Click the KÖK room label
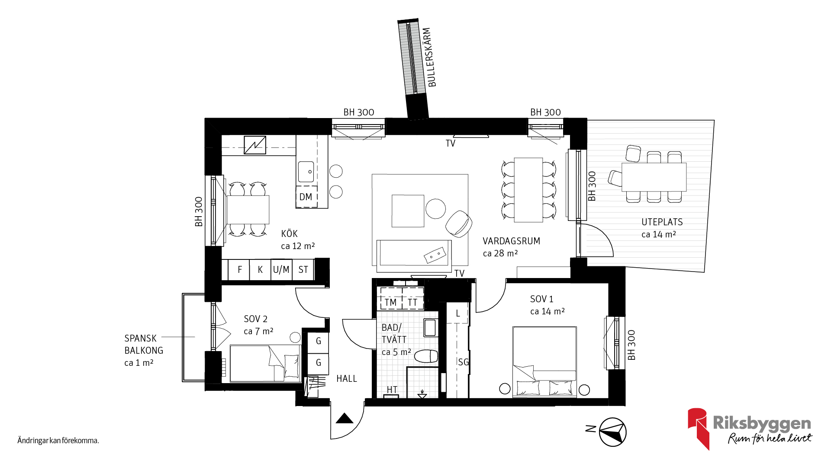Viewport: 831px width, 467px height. pos(289,234)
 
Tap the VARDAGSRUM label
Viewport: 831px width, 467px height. pos(511,241)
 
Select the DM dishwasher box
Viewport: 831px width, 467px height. pos(306,197)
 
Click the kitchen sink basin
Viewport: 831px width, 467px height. pos(306,172)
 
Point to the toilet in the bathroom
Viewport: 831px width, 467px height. pos(426,356)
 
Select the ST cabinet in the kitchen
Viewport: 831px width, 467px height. pos(303,270)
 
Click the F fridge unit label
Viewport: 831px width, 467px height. pos(240,270)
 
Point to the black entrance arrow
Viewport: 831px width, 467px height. pos(345,418)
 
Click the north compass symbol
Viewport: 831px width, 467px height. pos(612,432)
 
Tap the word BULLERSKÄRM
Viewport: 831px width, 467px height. pos(429,58)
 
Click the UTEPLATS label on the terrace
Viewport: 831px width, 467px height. pos(662,222)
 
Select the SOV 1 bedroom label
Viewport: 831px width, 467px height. pos(541,299)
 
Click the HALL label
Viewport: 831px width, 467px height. pos(347,379)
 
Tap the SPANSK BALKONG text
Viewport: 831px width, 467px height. pos(144,344)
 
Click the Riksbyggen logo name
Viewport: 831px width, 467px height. pos(762,423)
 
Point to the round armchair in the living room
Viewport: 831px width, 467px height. pos(459,224)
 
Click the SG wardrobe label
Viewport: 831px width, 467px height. pos(463,362)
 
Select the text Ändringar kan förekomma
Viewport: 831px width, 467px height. pos(58,441)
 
